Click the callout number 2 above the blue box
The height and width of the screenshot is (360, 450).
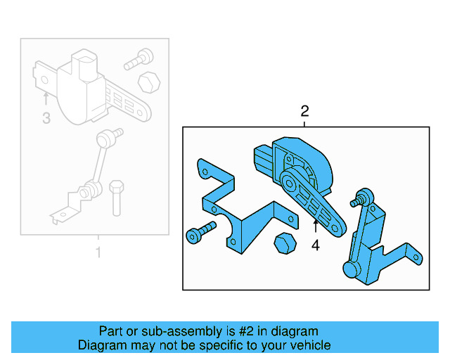click(x=304, y=111)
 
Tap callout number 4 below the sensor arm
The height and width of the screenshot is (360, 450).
click(x=316, y=245)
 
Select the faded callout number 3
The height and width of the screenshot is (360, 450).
click(x=46, y=118)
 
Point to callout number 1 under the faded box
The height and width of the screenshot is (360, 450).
click(x=98, y=252)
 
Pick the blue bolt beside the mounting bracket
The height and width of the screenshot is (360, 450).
click(x=200, y=233)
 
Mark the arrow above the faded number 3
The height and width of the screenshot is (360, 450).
click(x=46, y=98)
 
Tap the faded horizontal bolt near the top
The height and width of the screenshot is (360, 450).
click(x=139, y=60)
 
